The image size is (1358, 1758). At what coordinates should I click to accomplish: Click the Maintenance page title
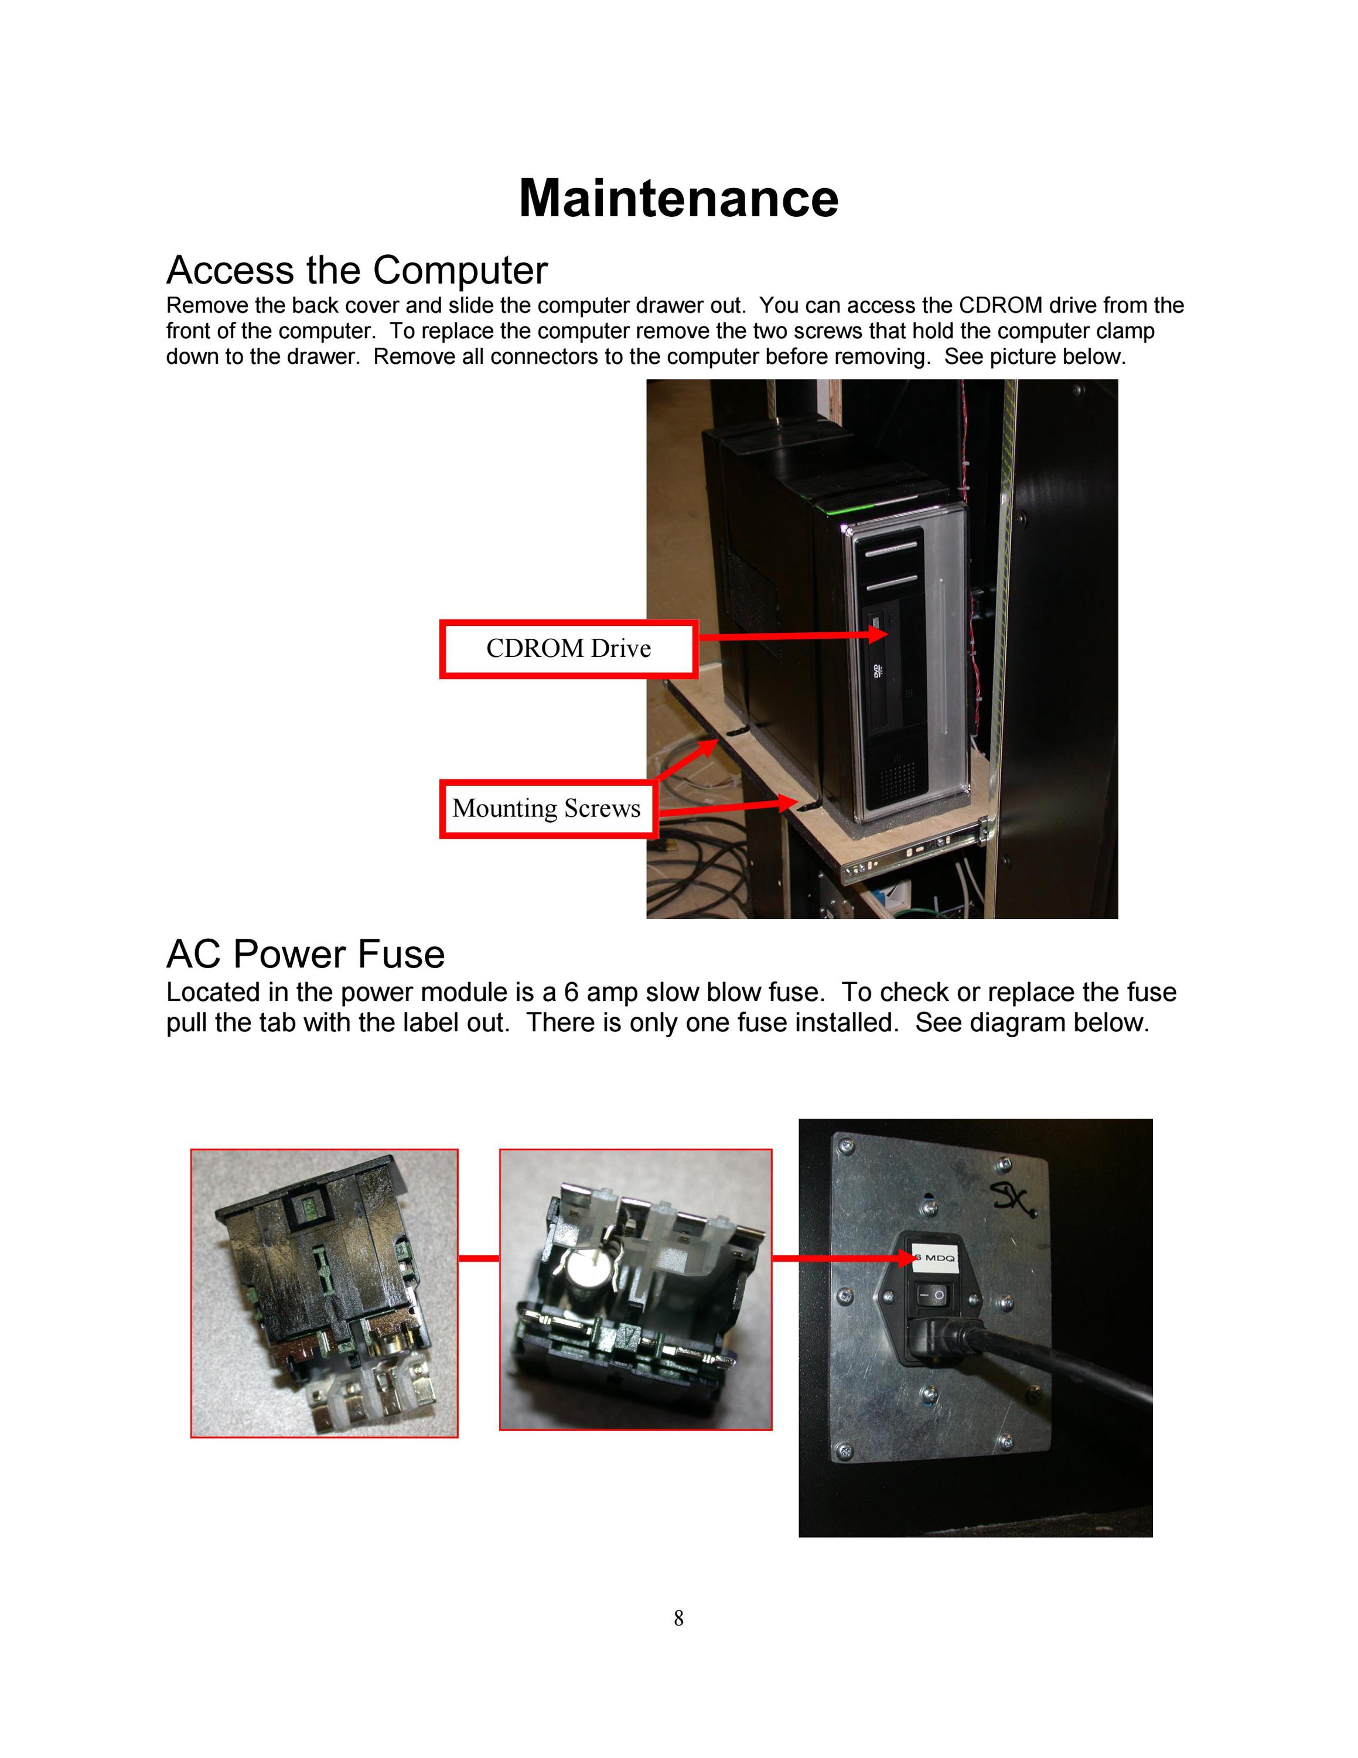[x=678, y=197]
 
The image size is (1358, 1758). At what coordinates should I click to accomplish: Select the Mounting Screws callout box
[x=547, y=808]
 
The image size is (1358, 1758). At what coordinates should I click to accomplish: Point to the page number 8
[x=678, y=1618]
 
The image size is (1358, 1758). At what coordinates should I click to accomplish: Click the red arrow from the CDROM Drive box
[x=793, y=635]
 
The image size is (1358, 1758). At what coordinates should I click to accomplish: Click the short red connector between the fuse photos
[x=479, y=1258]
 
